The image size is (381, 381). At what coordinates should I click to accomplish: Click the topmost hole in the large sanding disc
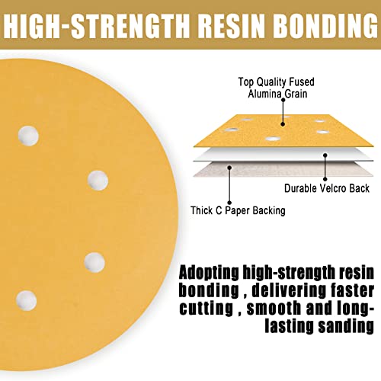click(x=28, y=136)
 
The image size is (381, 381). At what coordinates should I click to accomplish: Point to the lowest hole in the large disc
click(x=26, y=300)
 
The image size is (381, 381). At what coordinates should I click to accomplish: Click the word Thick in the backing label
click(x=202, y=210)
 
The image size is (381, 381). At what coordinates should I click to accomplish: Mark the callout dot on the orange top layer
click(x=283, y=124)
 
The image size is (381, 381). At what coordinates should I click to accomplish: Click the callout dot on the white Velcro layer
click(x=325, y=155)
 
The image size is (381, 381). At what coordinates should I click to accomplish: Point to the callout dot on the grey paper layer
click(x=229, y=168)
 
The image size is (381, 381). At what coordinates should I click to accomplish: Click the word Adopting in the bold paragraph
click(x=209, y=273)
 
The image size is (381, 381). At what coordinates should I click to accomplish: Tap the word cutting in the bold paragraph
click(x=206, y=309)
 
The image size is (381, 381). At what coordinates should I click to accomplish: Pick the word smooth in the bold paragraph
click(x=274, y=308)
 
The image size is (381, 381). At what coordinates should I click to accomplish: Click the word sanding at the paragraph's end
click(x=346, y=327)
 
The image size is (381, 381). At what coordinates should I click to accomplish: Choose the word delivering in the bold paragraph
click(x=289, y=291)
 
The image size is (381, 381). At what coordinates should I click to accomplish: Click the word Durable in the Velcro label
click(x=300, y=188)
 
